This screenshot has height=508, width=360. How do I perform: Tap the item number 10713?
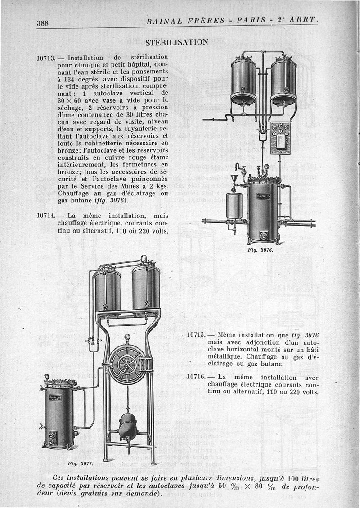pyautogui.click(x=45, y=58)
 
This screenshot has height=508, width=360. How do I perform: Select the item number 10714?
pyautogui.click(x=45, y=216)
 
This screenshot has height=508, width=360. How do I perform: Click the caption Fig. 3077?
pyautogui.click(x=80, y=463)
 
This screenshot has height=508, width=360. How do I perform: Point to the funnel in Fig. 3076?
pyautogui.click(x=234, y=180)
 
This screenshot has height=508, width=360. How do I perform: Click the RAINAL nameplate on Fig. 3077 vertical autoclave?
pyautogui.click(x=56, y=398)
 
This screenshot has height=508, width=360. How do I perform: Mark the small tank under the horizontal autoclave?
pyautogui.click(x=128, y=427)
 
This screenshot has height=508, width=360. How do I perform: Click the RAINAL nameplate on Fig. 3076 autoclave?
pyautogui.click(x=263, y=197)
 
